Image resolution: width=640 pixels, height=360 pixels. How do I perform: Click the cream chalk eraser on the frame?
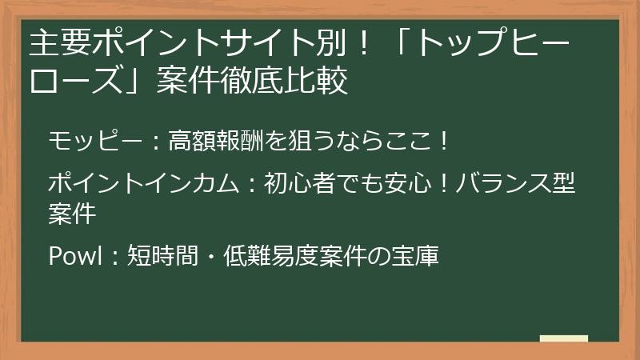(563, 339)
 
